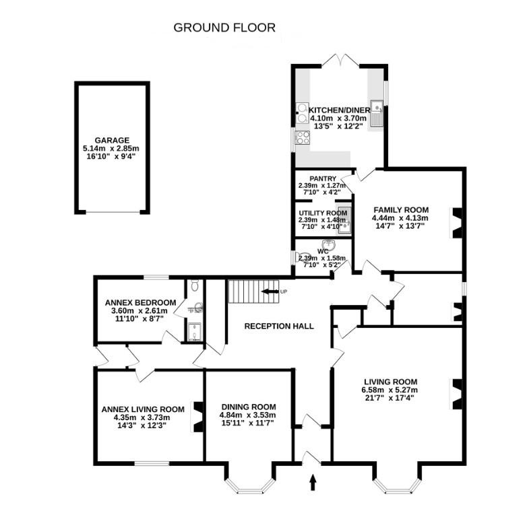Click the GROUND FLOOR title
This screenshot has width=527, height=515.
pos(224,28)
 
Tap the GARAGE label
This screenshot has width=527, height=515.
pos(112,140)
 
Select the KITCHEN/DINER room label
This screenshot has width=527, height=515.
pos(340,110)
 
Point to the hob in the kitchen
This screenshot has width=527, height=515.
pos(302,138)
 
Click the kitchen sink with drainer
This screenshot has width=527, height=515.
pos(377,114)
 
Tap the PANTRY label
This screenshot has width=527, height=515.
pos(323,178)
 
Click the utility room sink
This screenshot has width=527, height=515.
pos(345,220)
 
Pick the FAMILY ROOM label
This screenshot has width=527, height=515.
pos(401,210)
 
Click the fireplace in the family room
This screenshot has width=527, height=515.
pos(456,224)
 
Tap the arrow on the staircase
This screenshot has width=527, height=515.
pos(270,291)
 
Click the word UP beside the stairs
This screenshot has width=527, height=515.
pos(284,291)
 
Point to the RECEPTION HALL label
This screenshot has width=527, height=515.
pos(279,326)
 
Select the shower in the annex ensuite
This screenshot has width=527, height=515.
pos(194,332)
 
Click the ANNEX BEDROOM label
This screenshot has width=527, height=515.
pos(140,303)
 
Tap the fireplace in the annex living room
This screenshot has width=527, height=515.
pos(197,417)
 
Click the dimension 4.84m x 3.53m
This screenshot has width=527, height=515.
pos(248,415)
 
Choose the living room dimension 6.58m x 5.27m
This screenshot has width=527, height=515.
pos(390,390)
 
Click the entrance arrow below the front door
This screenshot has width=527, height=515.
pos(313,482)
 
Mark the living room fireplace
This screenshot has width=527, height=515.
pos(456,394)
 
